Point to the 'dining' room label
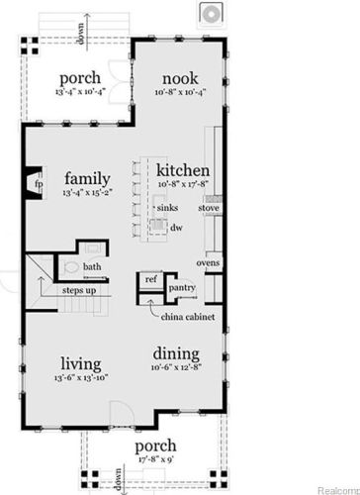click(176, 353)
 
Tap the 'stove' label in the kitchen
click(209, 209)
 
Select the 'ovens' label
click(208, 262)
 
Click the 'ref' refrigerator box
click(151, 280)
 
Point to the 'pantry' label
click(182, 288)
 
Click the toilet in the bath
click(70, 267)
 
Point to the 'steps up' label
click(79, 290)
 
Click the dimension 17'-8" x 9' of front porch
click(155, 458)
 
